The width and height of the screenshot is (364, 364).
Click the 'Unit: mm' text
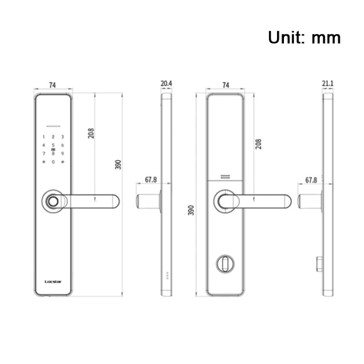coord(304,37)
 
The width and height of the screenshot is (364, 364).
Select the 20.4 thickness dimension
coord(166,84)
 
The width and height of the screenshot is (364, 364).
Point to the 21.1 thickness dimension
coord(328,84)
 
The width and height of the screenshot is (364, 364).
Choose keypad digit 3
coord(63,137)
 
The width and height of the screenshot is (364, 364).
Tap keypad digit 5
coord(53,146)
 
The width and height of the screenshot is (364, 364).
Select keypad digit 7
coord(44,154)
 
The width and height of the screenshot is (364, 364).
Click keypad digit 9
coord(63,154)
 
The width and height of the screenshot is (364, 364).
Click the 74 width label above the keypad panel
coord(52,85)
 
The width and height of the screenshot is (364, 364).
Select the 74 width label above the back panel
coord(225,85)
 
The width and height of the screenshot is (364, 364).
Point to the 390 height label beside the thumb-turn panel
coord(191,210)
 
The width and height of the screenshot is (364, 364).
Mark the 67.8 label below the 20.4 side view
coord(151,180)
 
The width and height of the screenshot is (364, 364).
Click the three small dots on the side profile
coord(168,275)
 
